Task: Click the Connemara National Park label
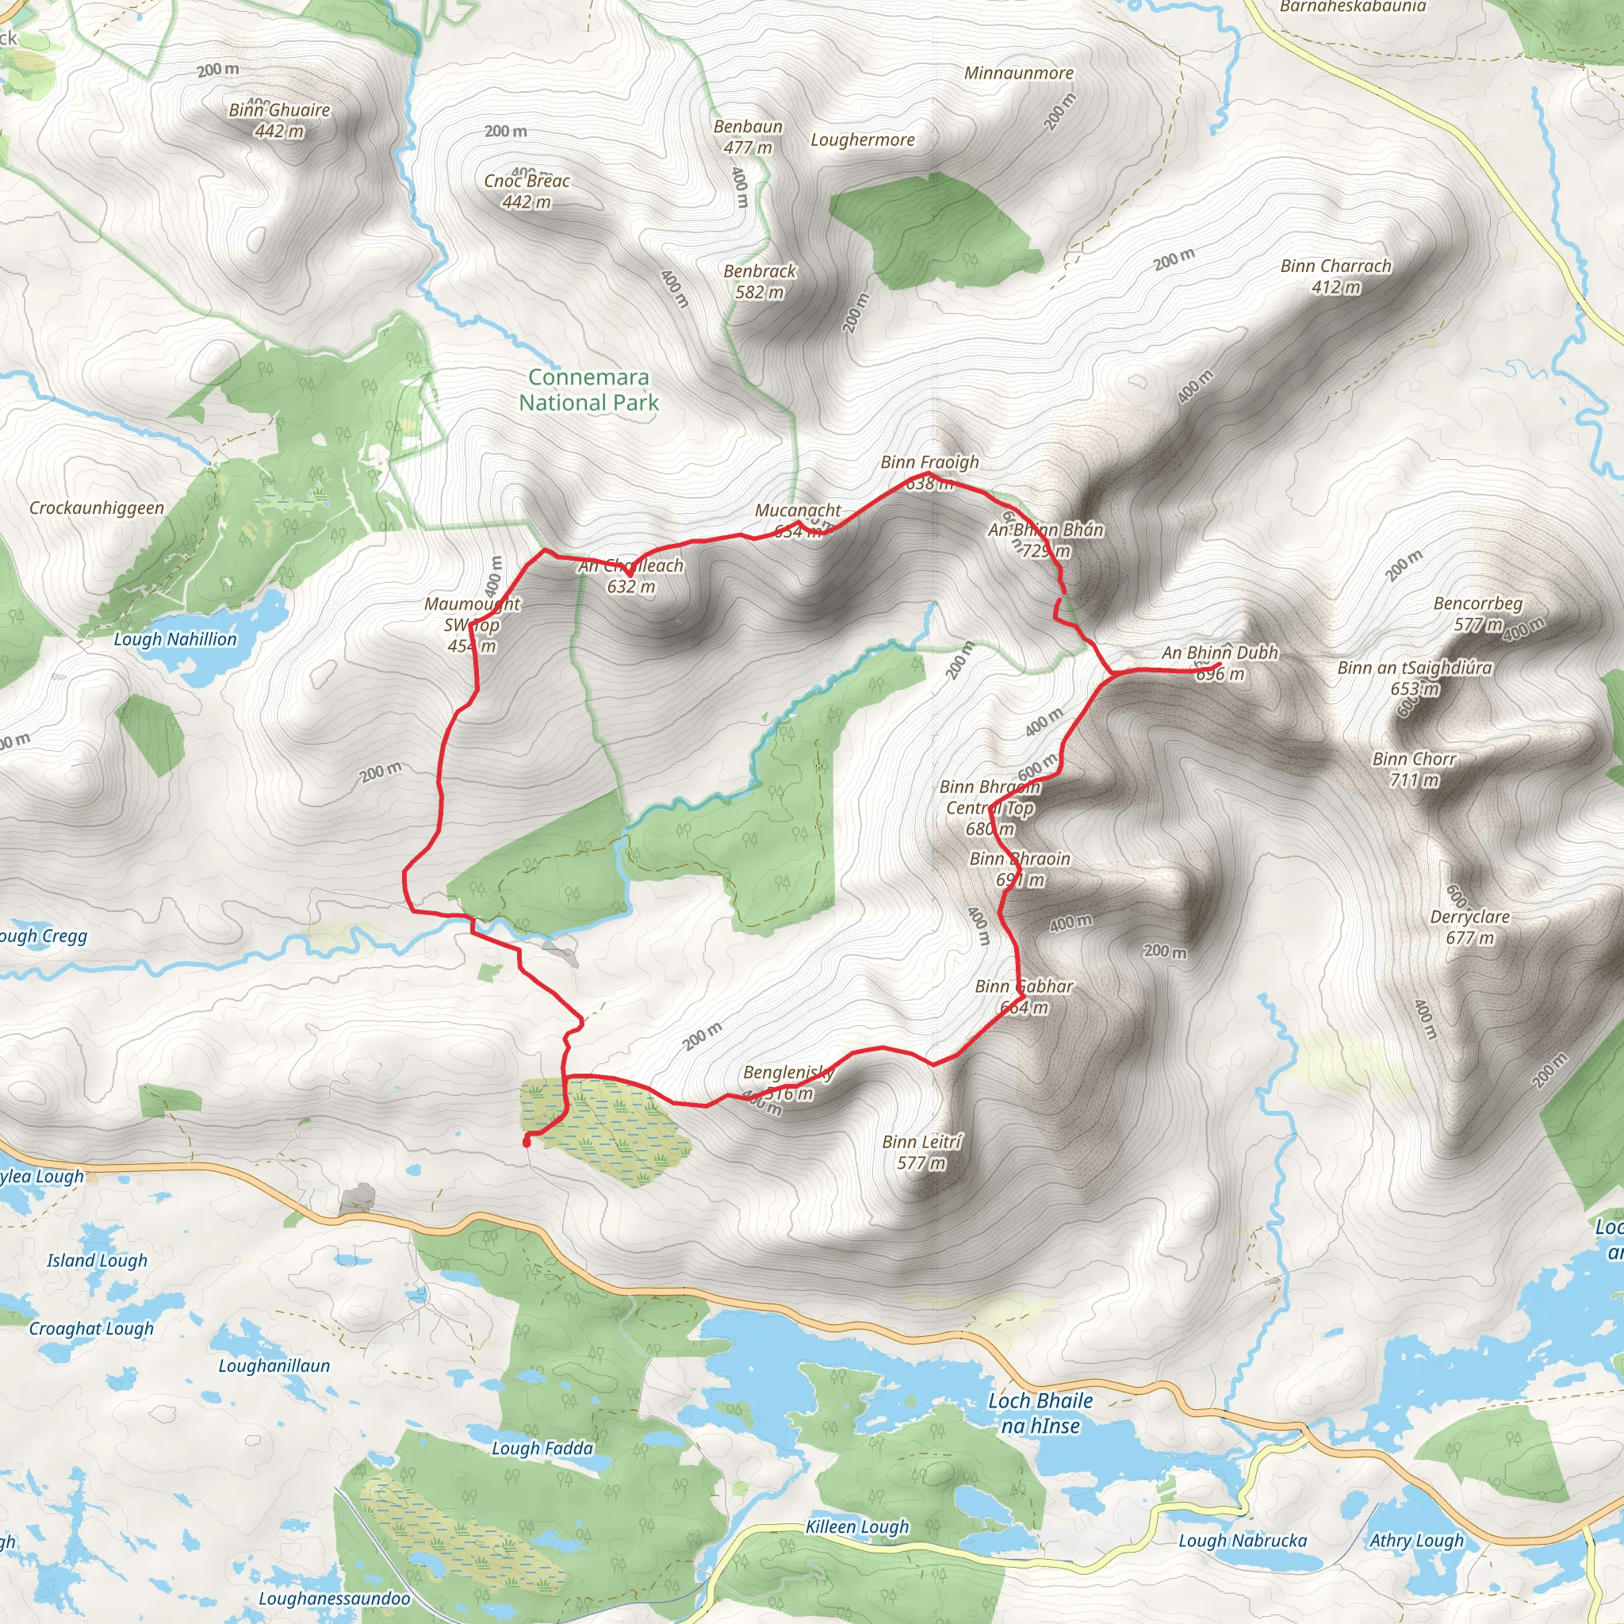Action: pyautogui.click(x=588, y=390)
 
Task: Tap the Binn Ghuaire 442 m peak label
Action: pyautogui.click(x=279, y=121)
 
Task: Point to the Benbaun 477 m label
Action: pyautogui.click(x=747, y=137)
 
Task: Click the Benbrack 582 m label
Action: pyautogui.click(x=759, y=282)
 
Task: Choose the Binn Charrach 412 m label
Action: pyautogui.click(x=1335, y=277)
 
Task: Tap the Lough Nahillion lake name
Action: pyautogui.click(x=176, y=640)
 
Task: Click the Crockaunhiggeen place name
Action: pyautogui.click(x=97, y=507)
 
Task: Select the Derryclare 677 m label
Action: pyautogui.click(x=1470, y=927)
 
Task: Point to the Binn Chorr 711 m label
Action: pyautogui.click(x=1414, y=769)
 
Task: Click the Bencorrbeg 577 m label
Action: pyautogui.click(x=1478, y=614)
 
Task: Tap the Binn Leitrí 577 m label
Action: pyautogui.click(x=921, y=1152)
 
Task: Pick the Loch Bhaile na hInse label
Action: pyautogui.click(x=1040, y=1413)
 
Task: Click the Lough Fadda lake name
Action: pyautogui.click(x=542, y=1448)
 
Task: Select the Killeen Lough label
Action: pyautogui.click(x=857, y=1526)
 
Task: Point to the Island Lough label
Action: pyautogui.click(x=97, y=1261)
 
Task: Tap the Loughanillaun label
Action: pyautogui.click(x=274, y=1366)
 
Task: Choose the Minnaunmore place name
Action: pyautogui.click(x=1019, y=73)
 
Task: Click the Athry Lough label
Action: pyautogui.click(x=1416, y=1541)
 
